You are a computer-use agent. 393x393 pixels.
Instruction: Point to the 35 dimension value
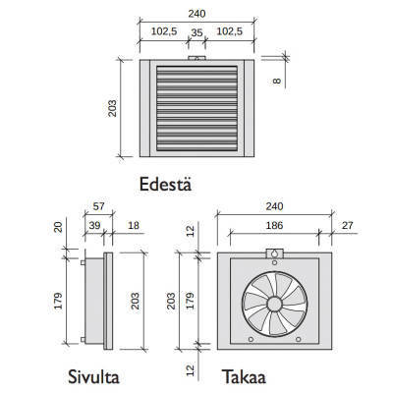(x=198, y=32)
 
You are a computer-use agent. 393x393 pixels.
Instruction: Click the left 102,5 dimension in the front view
(x=163, y=32)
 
